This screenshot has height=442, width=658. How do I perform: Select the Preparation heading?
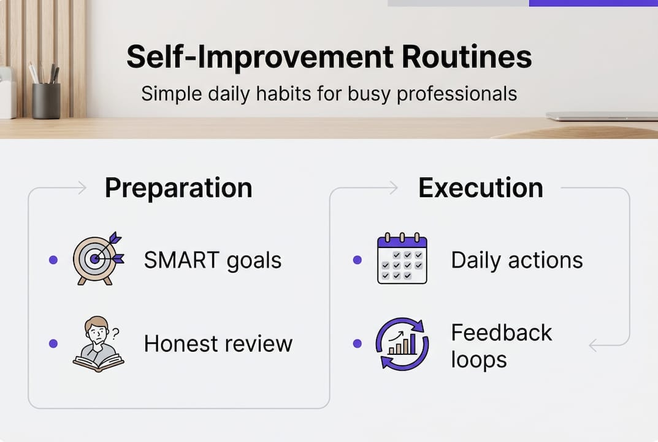[178, 188]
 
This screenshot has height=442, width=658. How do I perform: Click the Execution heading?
[481, 188]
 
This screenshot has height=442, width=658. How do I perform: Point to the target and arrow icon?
[98, 258]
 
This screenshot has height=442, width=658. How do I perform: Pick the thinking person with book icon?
[98, 344]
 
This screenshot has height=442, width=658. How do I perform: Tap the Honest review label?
[218, 344]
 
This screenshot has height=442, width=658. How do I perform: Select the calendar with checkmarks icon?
[402, 259]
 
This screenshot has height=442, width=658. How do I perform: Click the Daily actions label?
[516, 260]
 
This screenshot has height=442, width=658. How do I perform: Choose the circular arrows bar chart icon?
[402, 344]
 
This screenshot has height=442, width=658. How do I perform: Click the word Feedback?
[501, 333]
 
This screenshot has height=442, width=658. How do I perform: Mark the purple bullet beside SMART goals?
[53, 260]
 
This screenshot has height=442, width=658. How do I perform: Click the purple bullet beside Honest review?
[53, 344]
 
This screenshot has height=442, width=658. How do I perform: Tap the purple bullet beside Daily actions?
[358, 260]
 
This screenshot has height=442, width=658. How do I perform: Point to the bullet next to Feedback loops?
[358, 344]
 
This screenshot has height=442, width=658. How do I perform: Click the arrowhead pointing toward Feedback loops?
[593, 346]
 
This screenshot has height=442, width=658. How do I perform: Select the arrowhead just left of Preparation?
[82, 188]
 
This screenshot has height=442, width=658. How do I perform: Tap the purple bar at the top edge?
[592, 3]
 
